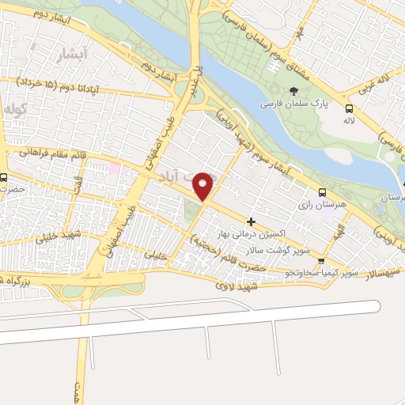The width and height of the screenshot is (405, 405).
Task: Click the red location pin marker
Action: click(204, 186)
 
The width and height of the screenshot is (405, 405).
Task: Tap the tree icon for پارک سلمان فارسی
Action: click(294, 92)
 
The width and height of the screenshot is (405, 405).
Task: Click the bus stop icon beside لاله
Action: click(349, 108)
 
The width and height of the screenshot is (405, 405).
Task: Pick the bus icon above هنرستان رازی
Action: click(322, 192)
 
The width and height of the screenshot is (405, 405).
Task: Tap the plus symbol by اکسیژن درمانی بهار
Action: click(252, 221)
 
